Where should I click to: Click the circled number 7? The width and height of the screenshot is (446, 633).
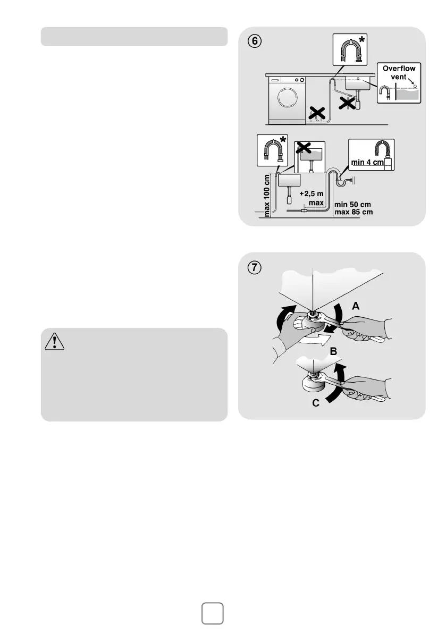(x=256, y=268)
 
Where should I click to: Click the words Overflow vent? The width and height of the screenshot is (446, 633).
(x=399, y=72)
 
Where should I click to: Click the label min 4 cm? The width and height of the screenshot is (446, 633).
(x=366, y=162)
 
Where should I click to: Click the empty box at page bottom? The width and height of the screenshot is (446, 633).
(x=213, y=613)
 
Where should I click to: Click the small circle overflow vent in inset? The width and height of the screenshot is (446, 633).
(x=414, y=86)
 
